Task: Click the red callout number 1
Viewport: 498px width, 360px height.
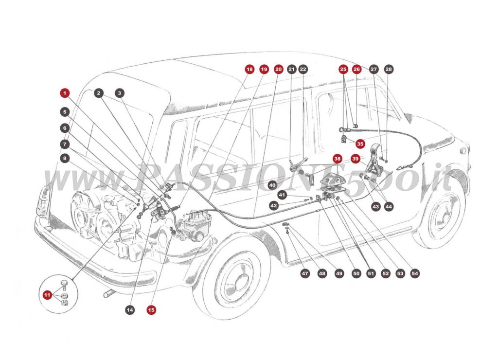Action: (65, 92)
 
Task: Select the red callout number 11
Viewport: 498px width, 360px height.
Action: (47, 295)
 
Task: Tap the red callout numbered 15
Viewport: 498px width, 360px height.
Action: (151, 309)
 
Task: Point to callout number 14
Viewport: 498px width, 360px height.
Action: (129, 309)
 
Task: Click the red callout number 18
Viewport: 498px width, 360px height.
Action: (249, 70)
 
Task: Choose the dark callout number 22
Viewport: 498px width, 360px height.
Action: (303, 70)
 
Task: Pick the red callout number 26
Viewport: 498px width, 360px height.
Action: (356, 70)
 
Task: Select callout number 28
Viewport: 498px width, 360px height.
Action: (388, 70)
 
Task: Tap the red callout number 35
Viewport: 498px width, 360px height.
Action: (360, 144)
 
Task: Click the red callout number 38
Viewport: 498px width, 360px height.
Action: (337, 159)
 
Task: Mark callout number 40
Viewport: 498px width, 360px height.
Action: (272, 185)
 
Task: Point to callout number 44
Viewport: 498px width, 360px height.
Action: (388, 206)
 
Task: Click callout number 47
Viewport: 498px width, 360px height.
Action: (305, 273)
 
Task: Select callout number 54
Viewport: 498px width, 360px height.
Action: (415, 273)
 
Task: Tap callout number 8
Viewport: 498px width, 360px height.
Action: (65, 158)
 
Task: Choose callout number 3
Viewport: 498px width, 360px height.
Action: (120, 92)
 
